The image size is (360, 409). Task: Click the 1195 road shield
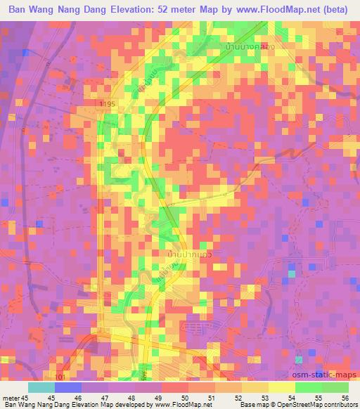(x=105, y=104)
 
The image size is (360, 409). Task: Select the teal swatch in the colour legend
(x=41, y=387)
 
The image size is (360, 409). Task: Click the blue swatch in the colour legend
(x=68, y=387)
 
